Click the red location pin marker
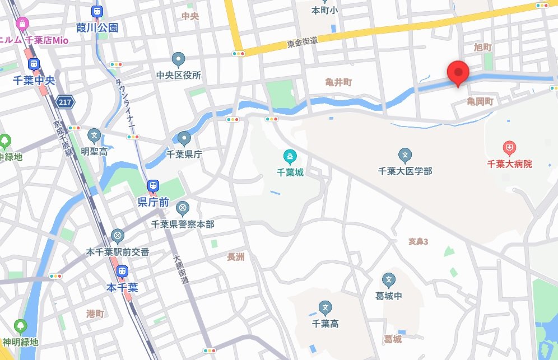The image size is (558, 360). tap(459, 73)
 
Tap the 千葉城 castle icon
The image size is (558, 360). tap(290, 156)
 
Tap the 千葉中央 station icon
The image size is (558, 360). tap(34, 65)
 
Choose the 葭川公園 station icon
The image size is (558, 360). tap(97, 12)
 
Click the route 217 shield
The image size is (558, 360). tap(65, 102)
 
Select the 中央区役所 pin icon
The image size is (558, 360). tap(179, 59)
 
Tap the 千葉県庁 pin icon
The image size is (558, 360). tap(184, 138)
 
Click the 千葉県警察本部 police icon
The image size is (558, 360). tap(182, 209)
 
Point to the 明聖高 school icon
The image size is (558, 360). tap(95, 135)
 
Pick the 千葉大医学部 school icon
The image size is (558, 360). tap(405, 155)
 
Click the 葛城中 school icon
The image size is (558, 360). tap(389, 280)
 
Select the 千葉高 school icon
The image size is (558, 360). tap(325, 307)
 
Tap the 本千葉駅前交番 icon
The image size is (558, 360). tap(118, 236)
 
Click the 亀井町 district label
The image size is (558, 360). tap(338, 82)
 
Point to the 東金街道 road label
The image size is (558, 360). tap(303, 41)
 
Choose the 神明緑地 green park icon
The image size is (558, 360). tap(21, 326)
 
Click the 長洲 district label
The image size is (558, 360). tap(236, 257)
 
